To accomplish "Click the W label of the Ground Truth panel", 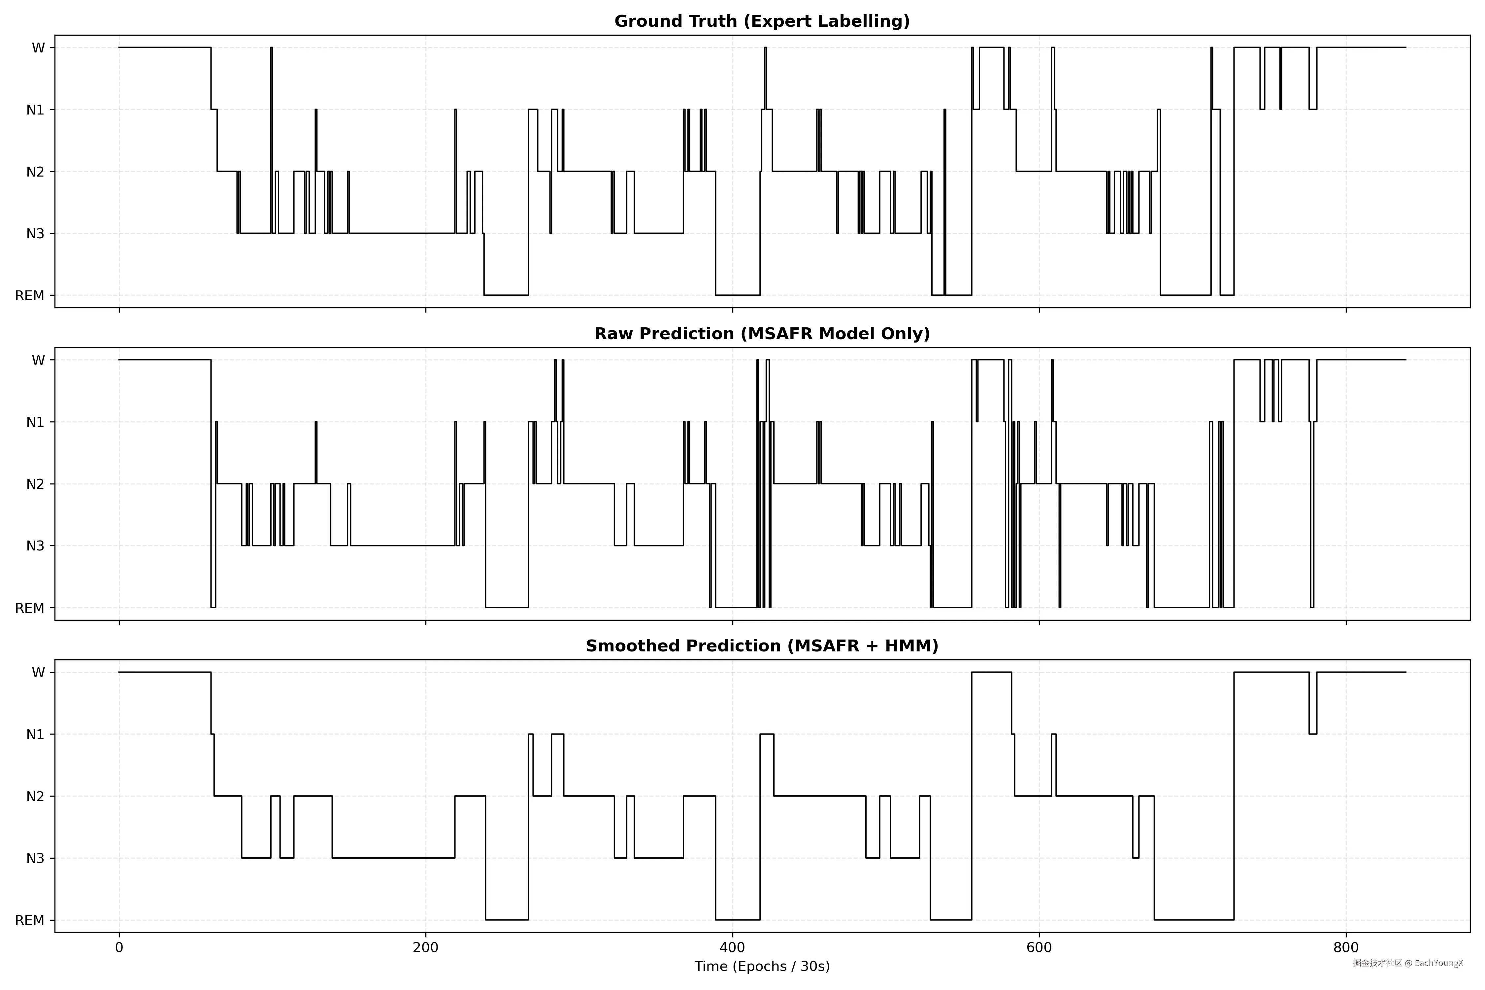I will tap(39, 48).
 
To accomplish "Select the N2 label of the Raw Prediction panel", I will tap(35, 484).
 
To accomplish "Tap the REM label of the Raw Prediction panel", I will tap(30, 608).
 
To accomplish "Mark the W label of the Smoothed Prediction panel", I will tap(39, 673).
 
